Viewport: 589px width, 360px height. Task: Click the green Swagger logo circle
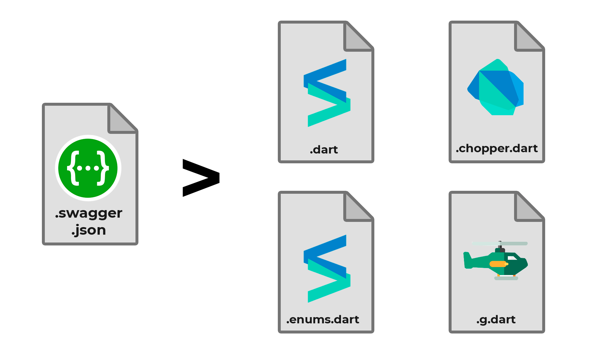pos(88,168)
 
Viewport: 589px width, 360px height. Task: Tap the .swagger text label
pos(89,213)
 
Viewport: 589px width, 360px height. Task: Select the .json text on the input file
pos(89,230)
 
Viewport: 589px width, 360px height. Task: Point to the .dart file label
pos(324,150)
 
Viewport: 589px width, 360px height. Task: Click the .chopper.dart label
pos(496,149)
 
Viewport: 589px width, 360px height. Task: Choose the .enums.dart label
pos(323,319)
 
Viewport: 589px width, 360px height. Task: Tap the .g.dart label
pos(496,319)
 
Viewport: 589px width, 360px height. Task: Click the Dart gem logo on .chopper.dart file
pos(495,87)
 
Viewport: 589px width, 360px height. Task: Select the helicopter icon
pos(496,261)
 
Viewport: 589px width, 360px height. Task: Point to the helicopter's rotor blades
pos(500,243)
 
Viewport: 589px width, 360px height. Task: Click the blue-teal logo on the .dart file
pos(327,93)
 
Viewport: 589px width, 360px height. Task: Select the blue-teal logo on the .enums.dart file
pos(327,269)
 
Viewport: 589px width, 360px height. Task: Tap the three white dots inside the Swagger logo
pos(88,168)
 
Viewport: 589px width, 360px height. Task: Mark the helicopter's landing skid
pos(506,278)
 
